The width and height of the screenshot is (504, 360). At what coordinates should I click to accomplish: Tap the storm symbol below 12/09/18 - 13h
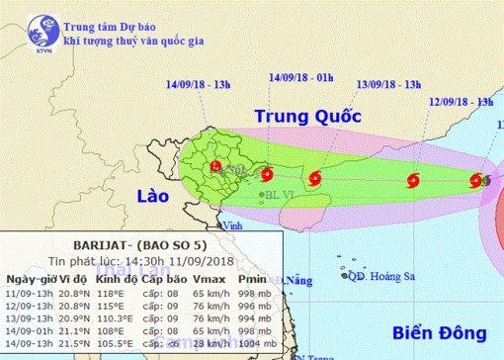coord(413,180)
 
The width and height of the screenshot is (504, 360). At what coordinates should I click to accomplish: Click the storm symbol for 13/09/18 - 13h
coord(314,179)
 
